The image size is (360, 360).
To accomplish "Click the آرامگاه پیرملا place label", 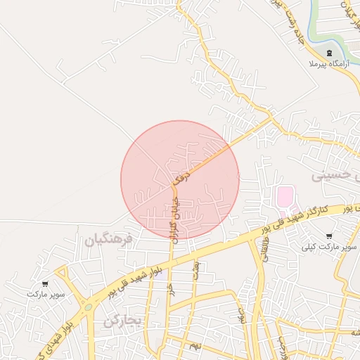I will (327, 65).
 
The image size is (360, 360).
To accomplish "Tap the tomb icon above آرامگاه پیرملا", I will (330, 53).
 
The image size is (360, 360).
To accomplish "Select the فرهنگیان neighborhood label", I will (108, 240).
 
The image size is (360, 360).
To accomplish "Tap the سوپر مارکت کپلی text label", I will (330, 247).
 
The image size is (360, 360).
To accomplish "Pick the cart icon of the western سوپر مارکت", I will (46, 284).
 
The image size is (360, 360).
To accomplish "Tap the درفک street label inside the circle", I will (183, 173).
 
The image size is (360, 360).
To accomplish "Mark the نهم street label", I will (196, 346).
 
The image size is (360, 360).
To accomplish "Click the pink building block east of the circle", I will (285, 197).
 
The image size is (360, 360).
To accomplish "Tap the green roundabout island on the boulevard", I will (88, 307).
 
